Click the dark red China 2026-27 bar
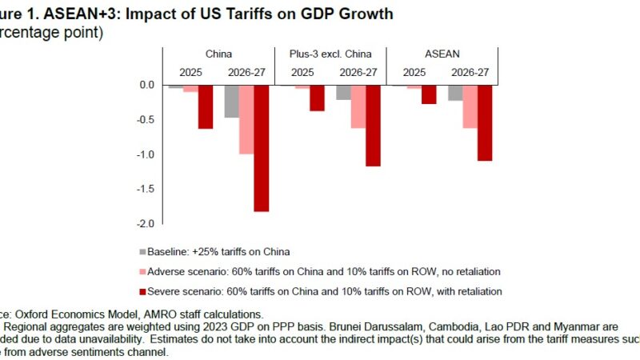coord(261,148)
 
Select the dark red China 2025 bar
coord(206,106)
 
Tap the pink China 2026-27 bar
coord(246,119)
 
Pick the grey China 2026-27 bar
coord(232,101)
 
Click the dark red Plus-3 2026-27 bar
coord(373,126)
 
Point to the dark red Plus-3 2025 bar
coord(318,98)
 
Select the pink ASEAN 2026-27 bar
coord(470,106)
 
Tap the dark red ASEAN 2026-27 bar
coord(484,122)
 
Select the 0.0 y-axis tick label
coord(146,85)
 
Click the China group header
coord(219,54)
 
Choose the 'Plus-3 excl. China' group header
coord(330,54)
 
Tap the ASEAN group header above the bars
coord(442,54)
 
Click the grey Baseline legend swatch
coord(143,250)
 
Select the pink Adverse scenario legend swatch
coord(143,270)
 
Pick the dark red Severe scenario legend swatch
coord(143,290)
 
